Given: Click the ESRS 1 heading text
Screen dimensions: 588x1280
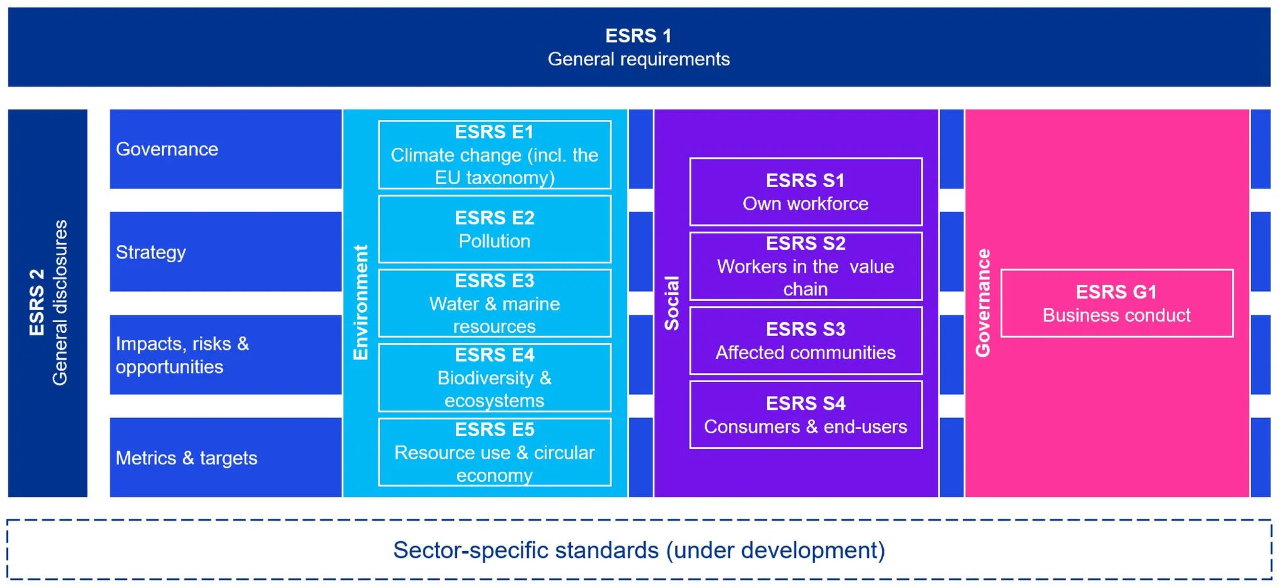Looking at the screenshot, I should [x=638, y=36].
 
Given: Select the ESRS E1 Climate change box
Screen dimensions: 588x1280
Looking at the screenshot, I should [x=494, y=154].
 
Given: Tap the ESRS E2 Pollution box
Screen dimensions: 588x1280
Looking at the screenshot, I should [x=494, y=229].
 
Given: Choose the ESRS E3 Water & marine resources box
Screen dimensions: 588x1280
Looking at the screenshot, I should [x=494, y=303].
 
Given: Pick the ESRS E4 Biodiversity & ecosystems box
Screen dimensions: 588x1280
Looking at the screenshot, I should [x=494, y=377].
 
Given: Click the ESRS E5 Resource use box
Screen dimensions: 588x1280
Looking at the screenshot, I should [x=494, y=452].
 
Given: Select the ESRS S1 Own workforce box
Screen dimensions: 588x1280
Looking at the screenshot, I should [x=806, y=192].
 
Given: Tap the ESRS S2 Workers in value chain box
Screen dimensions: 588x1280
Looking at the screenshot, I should [x=806, y=266].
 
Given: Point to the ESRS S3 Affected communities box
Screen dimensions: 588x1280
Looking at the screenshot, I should [x=806, y=341].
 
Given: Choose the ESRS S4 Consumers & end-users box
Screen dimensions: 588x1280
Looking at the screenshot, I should [x=806, y=415].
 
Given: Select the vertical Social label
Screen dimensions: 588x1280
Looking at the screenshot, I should [x=672, y=303].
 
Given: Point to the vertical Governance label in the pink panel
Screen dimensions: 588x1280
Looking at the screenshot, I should [x=983, y=303].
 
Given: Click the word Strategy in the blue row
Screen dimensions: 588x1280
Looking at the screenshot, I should [x=151, y=252].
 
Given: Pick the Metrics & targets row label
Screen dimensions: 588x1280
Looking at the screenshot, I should [x=186, y=458].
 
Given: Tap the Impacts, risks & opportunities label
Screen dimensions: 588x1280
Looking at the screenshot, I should [x=182, y=355].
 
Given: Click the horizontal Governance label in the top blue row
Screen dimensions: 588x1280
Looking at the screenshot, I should [x=167, y=149].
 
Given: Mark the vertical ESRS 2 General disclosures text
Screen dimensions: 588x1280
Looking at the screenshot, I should [x=48, y=303].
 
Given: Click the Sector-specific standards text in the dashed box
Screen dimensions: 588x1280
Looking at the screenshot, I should [x=639, y=550].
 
